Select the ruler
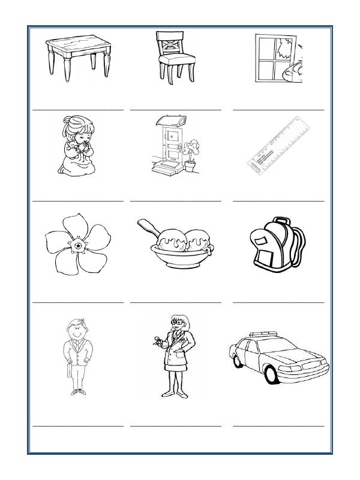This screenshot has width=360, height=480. (x=276, y=147)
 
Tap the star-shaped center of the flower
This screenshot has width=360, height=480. (x=77, y=246)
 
